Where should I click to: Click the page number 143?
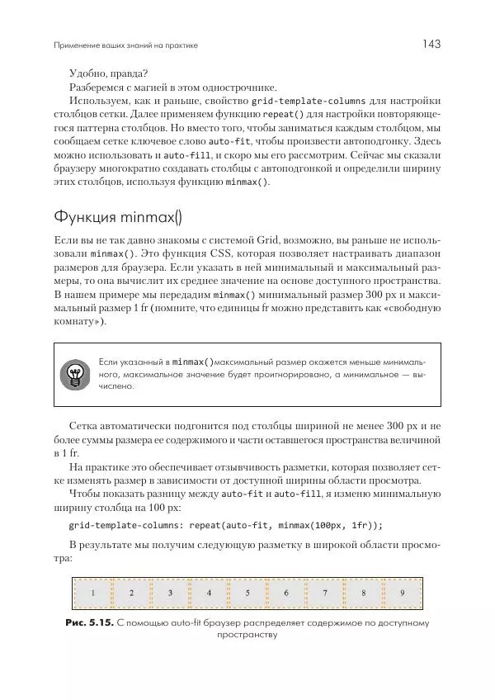tap(433, 44)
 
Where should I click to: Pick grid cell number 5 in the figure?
tap(247, 593)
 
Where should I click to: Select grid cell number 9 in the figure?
tap(402, 593)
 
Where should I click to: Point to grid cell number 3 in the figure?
tap(170, 593)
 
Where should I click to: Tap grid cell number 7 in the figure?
tap(324, 593)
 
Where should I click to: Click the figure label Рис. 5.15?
tap(90, 622)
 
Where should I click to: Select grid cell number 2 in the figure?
tap(131, 593)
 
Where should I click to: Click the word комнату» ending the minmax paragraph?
tap(78, 321)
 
